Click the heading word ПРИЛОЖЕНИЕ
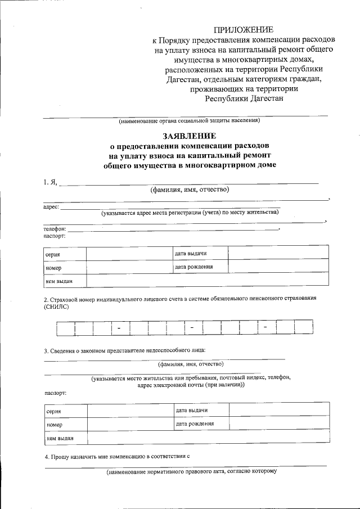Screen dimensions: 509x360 244,29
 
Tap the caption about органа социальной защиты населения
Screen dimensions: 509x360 189,121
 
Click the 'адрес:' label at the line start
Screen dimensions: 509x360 51,207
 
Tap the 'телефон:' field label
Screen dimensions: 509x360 55,229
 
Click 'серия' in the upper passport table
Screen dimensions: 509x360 53,255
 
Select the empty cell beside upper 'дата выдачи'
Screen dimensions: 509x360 278,253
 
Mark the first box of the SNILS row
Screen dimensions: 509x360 66,327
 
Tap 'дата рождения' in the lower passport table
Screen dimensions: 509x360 195,423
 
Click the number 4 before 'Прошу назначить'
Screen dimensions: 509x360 46,457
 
